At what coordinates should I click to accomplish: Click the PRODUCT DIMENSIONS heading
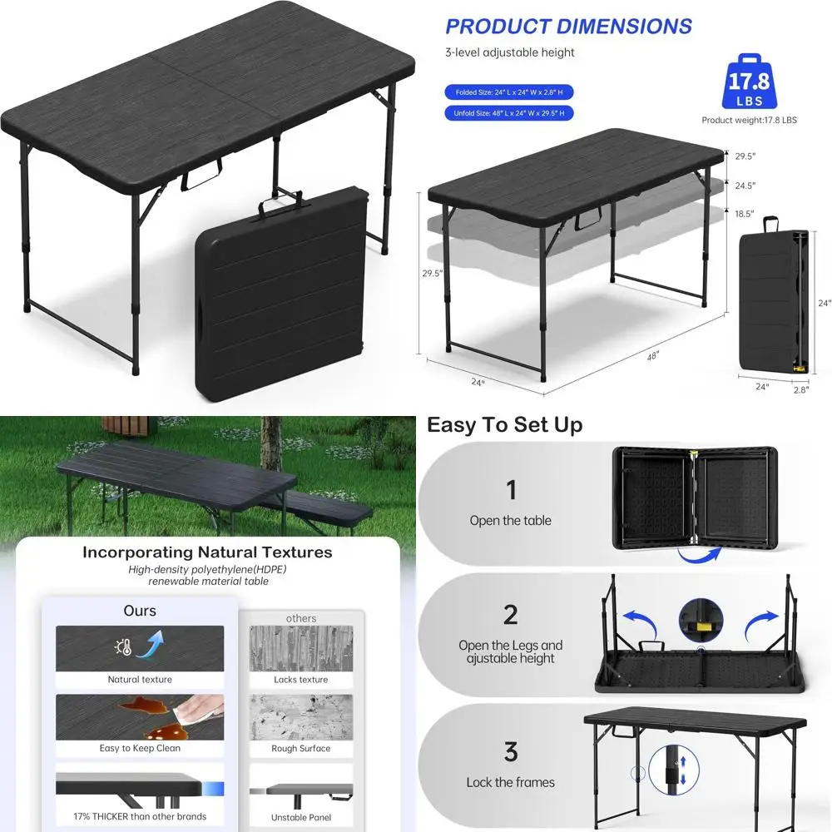(568, 26)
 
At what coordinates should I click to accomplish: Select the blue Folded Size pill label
(509, 92)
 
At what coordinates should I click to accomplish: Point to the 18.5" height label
(745, 214)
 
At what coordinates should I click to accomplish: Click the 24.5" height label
(745, 186)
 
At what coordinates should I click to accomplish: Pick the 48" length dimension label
(653, 355)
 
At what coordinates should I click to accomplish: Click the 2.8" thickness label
(801, 388)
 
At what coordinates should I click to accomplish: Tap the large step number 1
(511, 490)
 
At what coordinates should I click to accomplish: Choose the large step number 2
(511, 616)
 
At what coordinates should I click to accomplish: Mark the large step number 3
(511, 751)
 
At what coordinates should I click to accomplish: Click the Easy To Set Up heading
(504, 425)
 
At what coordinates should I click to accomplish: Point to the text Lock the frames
(510, 783)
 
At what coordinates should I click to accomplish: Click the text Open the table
(510, 521)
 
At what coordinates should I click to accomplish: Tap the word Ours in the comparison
(140, 611)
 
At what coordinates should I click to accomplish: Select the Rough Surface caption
(300, 748)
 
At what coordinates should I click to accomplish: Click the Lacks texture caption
(300, 680)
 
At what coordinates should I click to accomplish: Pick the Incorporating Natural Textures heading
(207, 552)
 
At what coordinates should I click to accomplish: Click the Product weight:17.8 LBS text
(749, 120)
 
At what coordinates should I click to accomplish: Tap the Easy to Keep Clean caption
(140, 748)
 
